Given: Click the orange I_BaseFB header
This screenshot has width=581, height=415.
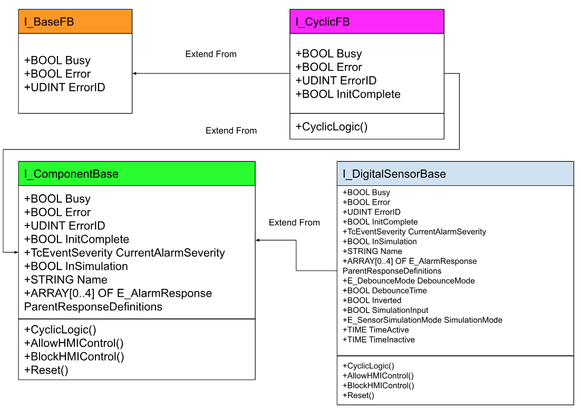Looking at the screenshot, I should point(75,22).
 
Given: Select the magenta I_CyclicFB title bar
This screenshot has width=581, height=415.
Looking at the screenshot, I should point(366,22).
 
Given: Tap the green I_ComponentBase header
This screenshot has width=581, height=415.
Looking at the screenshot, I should point(137,174).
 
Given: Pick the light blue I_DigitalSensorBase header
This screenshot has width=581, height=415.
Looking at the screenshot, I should point(455,174).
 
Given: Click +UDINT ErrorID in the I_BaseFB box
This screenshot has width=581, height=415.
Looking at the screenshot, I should point(65,88).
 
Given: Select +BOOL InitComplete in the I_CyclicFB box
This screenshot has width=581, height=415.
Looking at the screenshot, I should point(348,95).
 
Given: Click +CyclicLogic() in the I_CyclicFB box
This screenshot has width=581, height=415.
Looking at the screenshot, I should point(331,127).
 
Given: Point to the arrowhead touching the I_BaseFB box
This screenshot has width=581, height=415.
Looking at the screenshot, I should point(135,73).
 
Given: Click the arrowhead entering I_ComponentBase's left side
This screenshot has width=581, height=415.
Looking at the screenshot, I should point(16,252).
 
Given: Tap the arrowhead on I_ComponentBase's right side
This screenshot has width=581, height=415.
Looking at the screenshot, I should point(258,240).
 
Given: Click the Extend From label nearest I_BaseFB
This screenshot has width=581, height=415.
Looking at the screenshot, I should point(211,54).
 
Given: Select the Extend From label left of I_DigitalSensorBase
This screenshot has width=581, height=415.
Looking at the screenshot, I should point(294,223).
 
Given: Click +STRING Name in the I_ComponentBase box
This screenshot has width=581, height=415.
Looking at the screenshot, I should point(66,280).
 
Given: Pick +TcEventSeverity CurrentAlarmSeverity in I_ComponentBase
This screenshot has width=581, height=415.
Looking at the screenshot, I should point(124,253).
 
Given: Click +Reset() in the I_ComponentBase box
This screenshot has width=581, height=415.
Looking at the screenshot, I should point(46,370).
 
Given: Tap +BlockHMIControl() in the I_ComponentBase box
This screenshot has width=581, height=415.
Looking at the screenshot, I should point(74,357).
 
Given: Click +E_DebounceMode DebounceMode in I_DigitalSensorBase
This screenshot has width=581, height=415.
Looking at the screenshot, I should point(409,281).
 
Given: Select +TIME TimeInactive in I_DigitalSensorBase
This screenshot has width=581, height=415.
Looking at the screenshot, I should point(379,339).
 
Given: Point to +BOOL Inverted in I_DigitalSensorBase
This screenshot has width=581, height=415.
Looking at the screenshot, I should point(372,300).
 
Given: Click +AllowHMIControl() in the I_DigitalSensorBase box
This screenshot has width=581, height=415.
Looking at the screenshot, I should point(378,376).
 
